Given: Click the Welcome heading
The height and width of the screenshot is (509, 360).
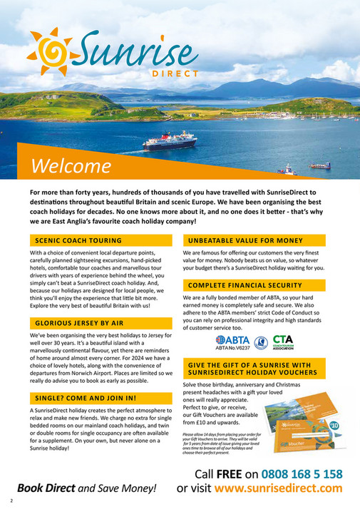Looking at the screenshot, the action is click(x=71, y=166).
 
